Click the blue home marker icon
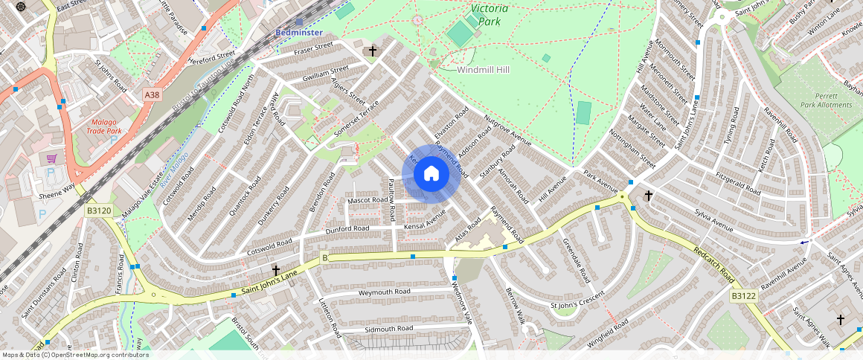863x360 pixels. (x=431, y=174)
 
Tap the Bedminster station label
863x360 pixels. (x=298, y=33)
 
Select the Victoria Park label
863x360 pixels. (x=490, y=15)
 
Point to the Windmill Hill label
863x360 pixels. (x=483, y=69)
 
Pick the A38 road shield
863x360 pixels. (x=152, y=94)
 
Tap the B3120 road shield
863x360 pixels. (x=98, y=211)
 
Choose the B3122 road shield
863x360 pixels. (x=742, y=295)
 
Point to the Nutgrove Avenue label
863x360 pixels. (x=508, y=130)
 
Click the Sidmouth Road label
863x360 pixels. (x=388, y=328)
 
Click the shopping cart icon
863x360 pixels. (x=51, y=158)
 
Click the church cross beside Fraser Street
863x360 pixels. (x=372, y=51)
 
